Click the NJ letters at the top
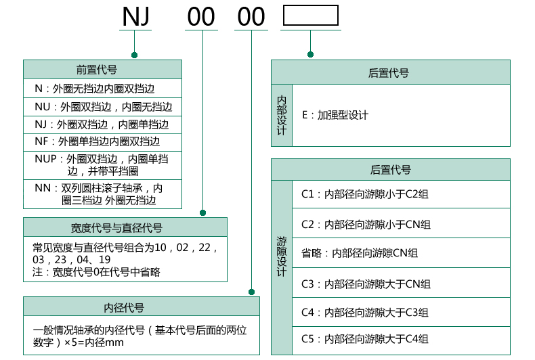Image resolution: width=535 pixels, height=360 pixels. tap(135, 17)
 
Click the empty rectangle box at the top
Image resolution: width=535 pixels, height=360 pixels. tap(310, 16)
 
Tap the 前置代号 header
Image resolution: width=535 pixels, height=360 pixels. tap(102, 69)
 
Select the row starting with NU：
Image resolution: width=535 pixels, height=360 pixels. tap(103, 106)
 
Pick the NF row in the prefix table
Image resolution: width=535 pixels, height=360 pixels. tap(98, 141)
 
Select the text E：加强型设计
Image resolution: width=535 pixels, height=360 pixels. tap(335, 115)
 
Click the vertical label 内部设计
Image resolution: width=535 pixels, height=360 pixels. tap(282, 115)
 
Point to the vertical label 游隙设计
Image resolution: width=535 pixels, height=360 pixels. tap(282, 256)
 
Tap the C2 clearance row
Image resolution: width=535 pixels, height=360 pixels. tap(366, 224)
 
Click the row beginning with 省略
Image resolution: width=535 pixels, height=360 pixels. tap(359, 253)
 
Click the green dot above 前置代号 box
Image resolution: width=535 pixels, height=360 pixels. tap(135, 54)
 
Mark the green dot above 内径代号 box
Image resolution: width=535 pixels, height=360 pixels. tap(251, 292)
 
